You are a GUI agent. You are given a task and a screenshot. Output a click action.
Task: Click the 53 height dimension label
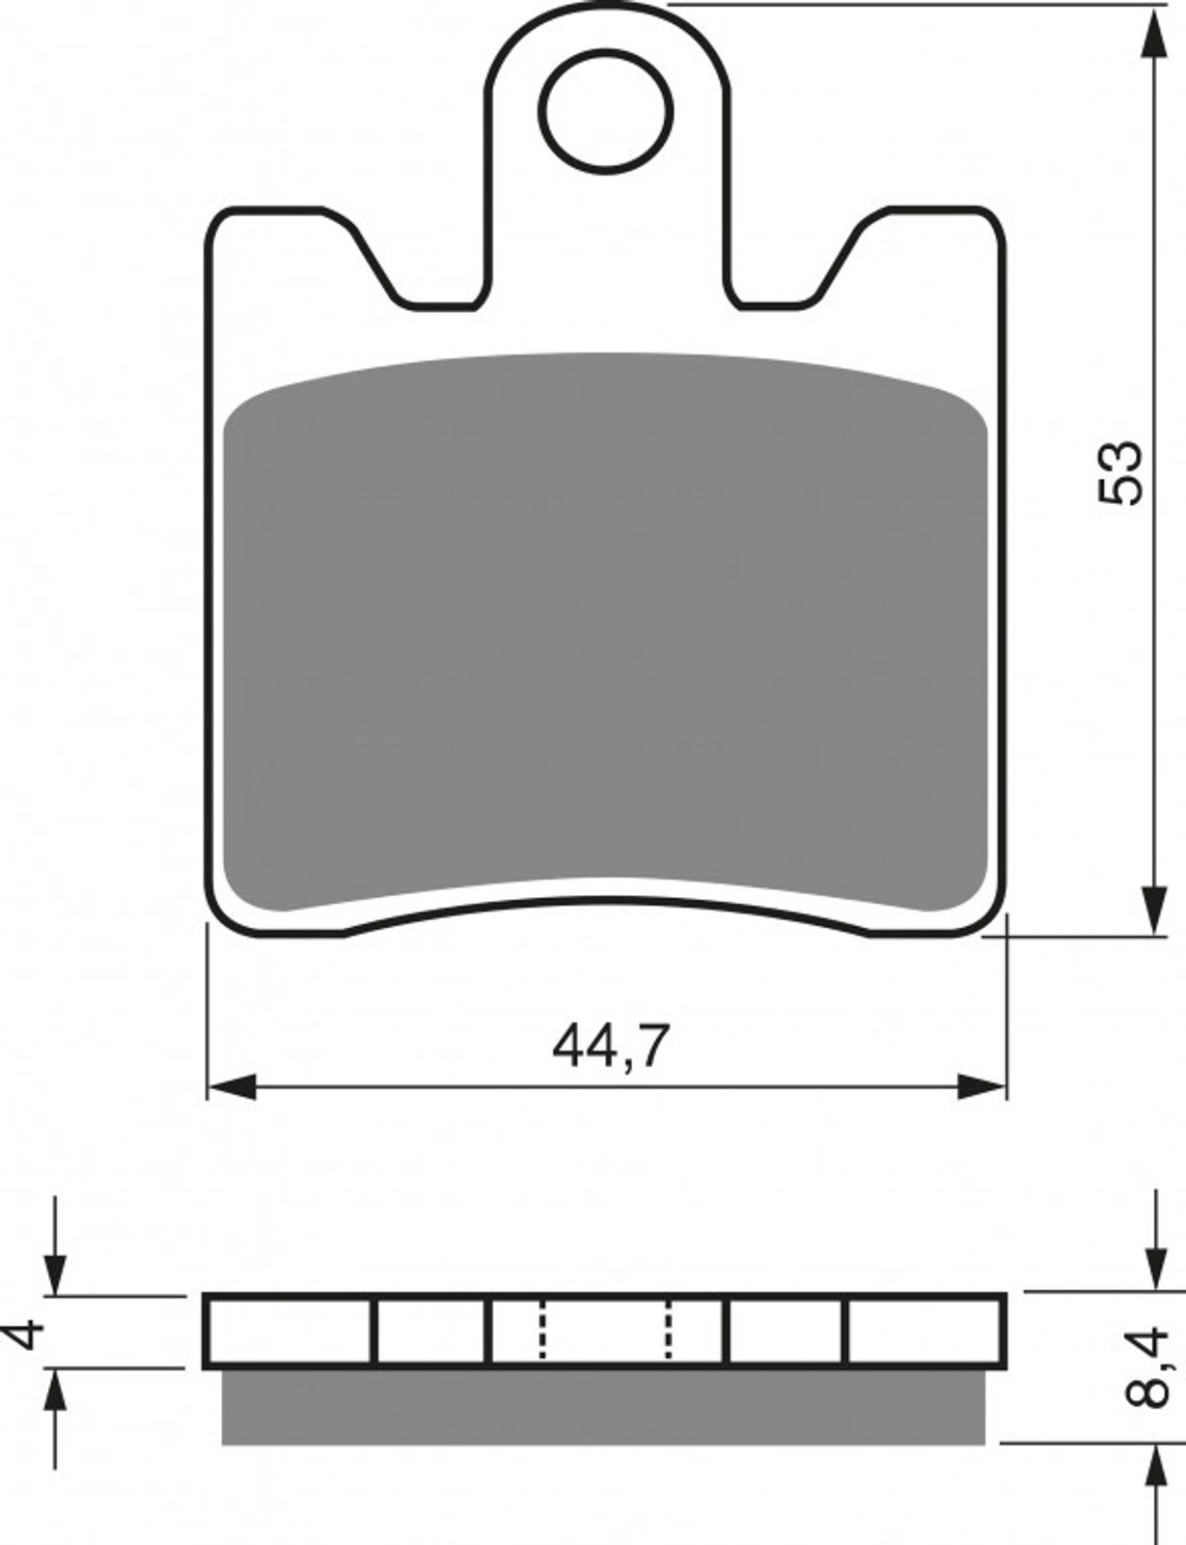click(x=1119, y=473)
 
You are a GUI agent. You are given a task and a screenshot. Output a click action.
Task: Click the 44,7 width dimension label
click(x=611, y=1046)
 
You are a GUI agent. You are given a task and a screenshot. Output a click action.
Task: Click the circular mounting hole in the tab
click(x=605, y=112)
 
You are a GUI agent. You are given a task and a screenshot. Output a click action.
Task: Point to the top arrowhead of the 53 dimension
click(x=1156, y=32)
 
